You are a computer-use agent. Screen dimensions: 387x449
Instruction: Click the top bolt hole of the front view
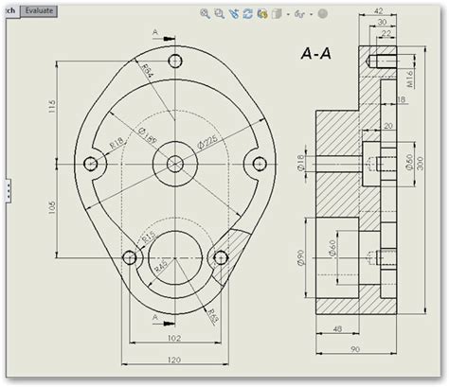point(173,62)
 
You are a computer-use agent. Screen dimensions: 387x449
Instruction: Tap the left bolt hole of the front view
point(92,163)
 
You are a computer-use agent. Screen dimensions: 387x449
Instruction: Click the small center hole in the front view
point(174,163)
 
